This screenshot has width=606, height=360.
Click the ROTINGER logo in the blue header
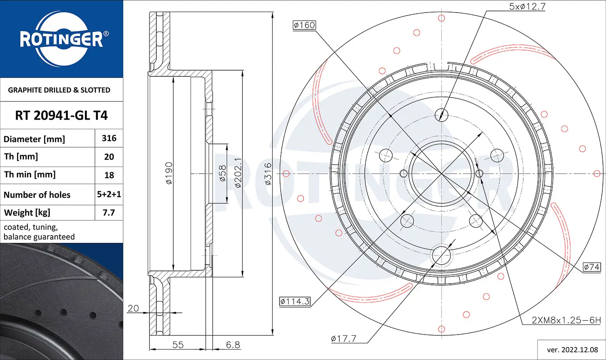pyautogui.click(x=62, y=39)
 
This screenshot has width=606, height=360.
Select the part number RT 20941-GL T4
pyautogui.click(x=61, y=116)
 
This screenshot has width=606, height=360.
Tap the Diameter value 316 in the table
pyautogui.click(x=109, y=138)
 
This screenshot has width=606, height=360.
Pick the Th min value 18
pyautogui.click(x=109, y=175)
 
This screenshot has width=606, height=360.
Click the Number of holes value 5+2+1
pyautogui.click(x=109, y=194)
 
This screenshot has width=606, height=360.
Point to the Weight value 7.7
pyautogui.click(x=109, y=213)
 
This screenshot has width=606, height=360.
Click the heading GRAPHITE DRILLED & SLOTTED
pyautogui.click(x=59, y=90)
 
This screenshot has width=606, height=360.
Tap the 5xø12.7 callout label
pyautogui.click(x=527, y=6)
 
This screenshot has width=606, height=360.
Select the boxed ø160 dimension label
pyautogui.click(x=304, y=25)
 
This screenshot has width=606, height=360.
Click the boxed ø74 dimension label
pyautogui.click(x=592, y=267)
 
